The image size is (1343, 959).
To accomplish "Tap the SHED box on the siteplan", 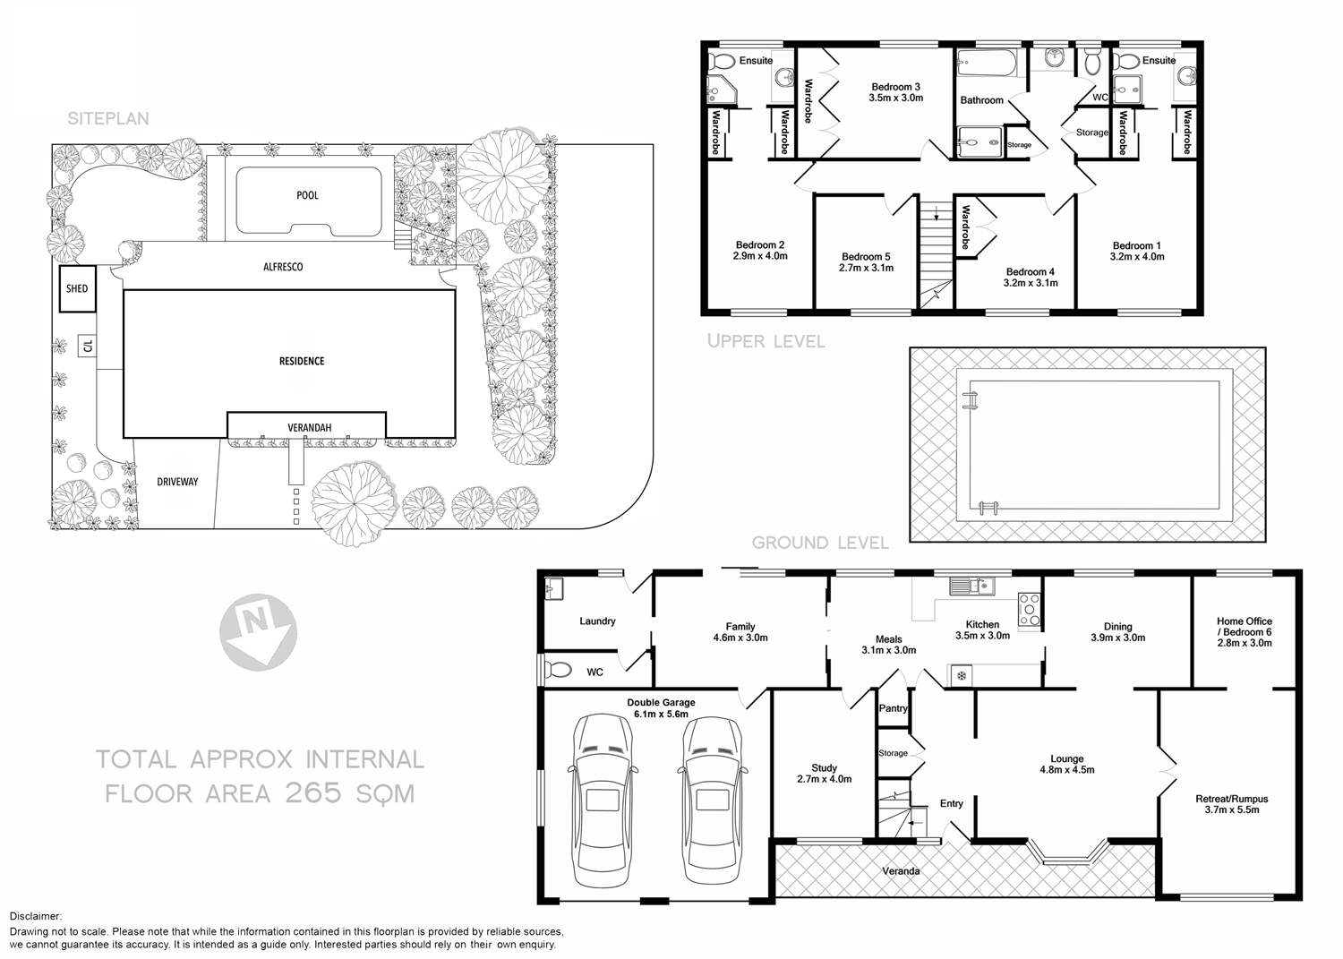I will [x=77, y=288].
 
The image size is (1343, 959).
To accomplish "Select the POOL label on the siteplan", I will [x=307, y=195].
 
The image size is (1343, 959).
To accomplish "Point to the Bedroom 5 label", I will [x=866, y=256].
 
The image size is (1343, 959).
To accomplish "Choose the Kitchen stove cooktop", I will [x=1029, y=609].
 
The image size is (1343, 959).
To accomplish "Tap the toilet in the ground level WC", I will [x=559, y=669].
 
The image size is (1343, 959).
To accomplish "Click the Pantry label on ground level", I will [x=894, y=708].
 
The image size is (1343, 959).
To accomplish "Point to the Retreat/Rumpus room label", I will [x=1231, y=799].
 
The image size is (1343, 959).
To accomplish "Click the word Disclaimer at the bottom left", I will [x=36, y=916].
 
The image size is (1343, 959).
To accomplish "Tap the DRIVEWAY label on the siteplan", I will [x=177, y=482].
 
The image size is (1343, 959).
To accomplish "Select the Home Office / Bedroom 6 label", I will [x=1244, y=626].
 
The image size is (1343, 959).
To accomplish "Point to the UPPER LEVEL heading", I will [x=766, y=341].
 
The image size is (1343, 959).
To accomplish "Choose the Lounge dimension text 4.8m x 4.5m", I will [x=1066, y=770].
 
